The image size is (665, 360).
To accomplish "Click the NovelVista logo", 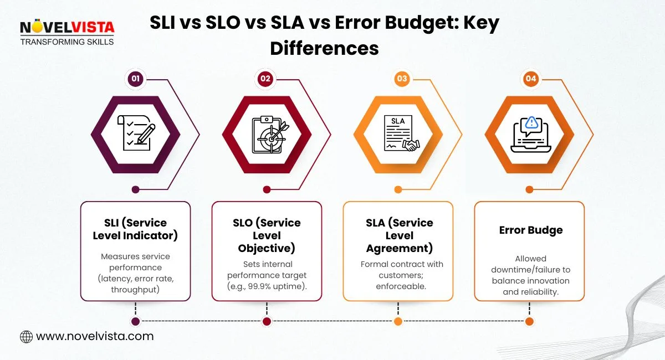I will point(67,32).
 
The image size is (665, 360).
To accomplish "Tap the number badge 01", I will point(135,79).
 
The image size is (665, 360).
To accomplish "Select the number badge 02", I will point(266,79).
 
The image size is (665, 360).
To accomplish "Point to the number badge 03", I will point(402,79).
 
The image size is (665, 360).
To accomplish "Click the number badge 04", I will point(530,79).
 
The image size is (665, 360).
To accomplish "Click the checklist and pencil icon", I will point(135,133).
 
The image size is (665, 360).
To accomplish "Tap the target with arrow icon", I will point(266,133).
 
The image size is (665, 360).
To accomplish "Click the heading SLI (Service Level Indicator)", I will point(135,229).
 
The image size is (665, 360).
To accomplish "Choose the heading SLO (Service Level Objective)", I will point(267,235).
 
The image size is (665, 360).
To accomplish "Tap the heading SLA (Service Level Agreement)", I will point(398,235).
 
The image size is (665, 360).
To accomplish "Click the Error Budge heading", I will point(530,230).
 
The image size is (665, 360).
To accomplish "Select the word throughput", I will point(135,289).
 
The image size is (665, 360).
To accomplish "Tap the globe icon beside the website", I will point(26,336).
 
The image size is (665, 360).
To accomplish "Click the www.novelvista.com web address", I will point(94,336).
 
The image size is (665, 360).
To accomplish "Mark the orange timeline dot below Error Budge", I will point(529,321).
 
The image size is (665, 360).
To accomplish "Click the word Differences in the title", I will point(324,48).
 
